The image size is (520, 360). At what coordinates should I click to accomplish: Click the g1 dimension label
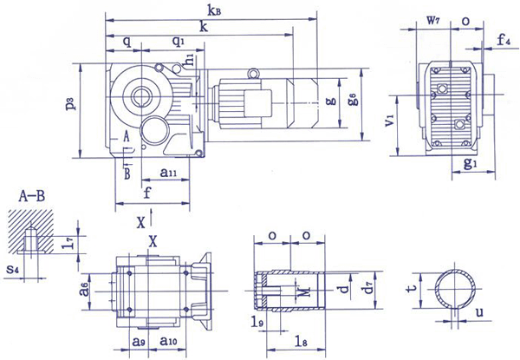point(468,162)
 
